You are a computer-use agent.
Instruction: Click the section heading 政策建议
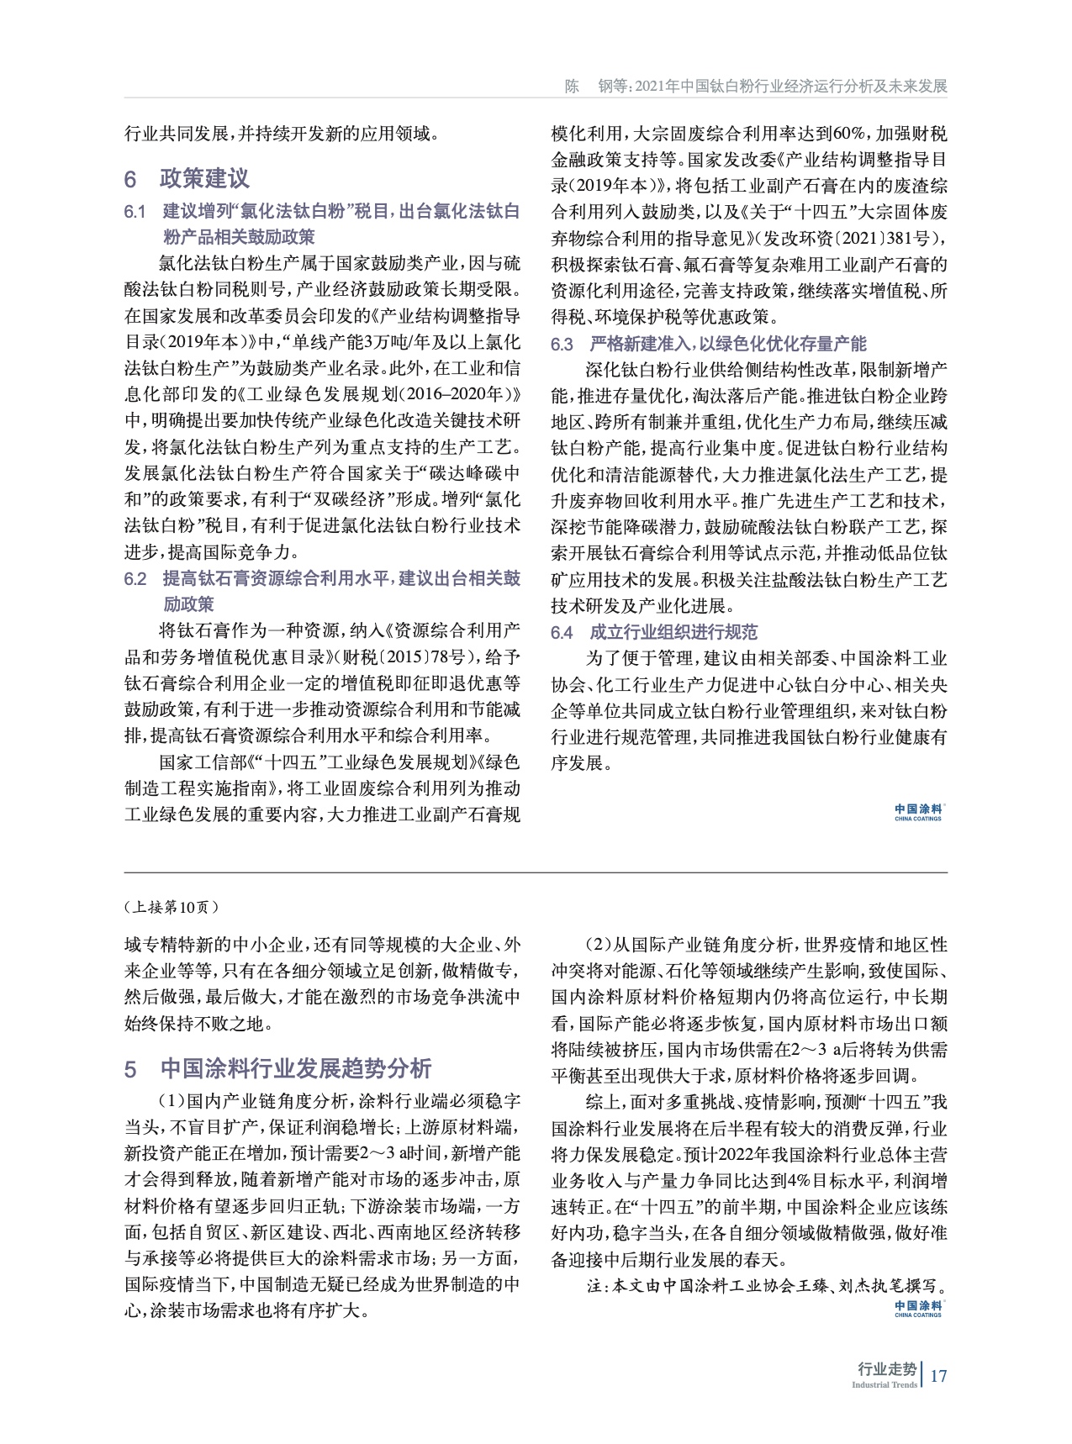pyautogui.click(x=203, y=179)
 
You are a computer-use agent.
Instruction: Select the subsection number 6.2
pyautogui.click(x=135, y=579)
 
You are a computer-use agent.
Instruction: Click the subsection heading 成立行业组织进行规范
pyautogui.click(x=673, y=633)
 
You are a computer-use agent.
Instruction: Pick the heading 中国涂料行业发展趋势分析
pyautogui.click(x=295, y=1068)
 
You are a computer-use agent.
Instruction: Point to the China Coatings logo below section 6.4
pyautogui.click(x=917, y=812)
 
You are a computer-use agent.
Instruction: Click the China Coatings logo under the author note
pyautogui.click(x=917, y=1309)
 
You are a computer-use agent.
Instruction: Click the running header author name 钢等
pyautogui.click(x=615, y=87)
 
